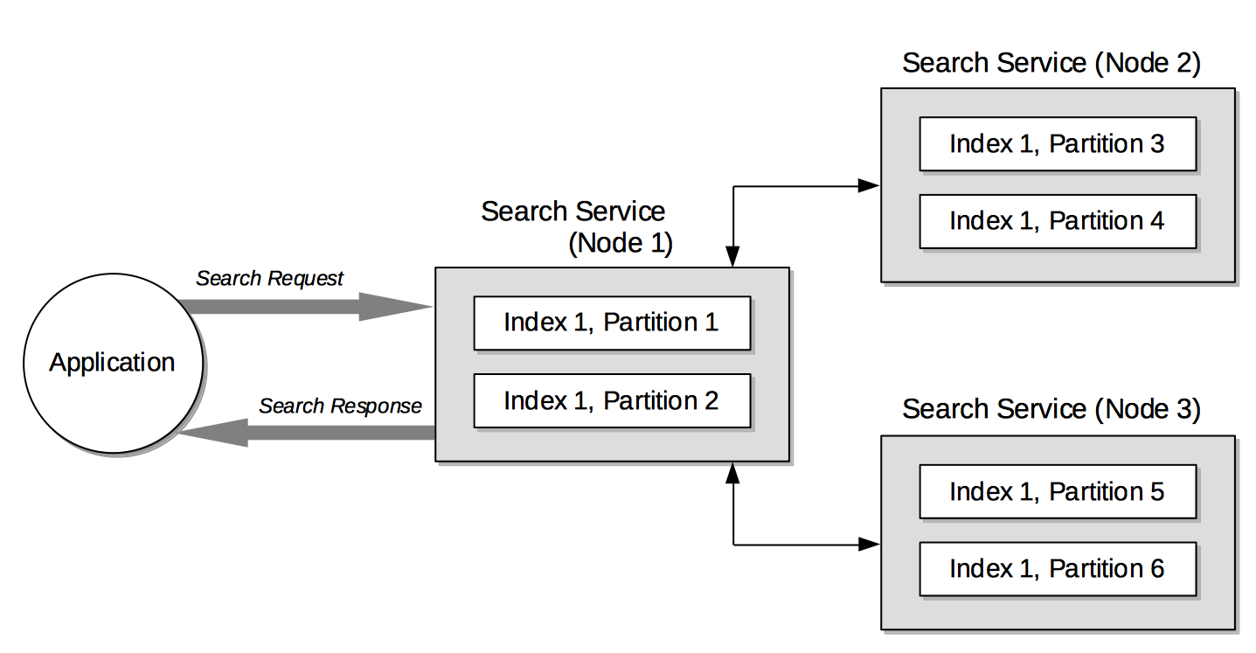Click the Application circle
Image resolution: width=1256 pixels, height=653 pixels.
tap(112, 362)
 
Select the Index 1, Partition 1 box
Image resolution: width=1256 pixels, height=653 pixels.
tap(612, 323)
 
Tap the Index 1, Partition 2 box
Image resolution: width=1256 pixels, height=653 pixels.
tap(612, 401)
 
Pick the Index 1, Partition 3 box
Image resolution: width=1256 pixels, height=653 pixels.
tap(1057, 144)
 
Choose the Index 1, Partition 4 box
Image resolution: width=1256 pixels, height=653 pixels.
tap(1057, 221)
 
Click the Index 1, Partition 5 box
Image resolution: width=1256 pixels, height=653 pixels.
tap(1057, 492)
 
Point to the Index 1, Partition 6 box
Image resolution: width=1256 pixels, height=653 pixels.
tap(1057, 569)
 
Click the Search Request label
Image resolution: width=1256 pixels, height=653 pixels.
tap(269, 279)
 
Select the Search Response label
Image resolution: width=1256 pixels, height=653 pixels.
tap(340, 406)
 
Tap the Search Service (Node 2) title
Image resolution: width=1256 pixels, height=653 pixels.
tap(1051, 63)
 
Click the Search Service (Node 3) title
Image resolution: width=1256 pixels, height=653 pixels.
tap(1051, 409)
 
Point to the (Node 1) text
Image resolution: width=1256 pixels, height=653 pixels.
tap(621, 244)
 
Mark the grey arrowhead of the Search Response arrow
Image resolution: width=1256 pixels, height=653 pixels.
tap(215, 432)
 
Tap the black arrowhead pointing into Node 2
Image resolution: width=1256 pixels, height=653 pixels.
tap(869, 185)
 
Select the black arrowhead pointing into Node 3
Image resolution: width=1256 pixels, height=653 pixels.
tap(869, 545)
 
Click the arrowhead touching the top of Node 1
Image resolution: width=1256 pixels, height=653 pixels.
tap(732, 257)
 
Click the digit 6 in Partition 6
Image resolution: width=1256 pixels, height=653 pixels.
tap(1156, 569)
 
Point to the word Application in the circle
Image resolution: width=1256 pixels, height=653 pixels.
tap(112, 363)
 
